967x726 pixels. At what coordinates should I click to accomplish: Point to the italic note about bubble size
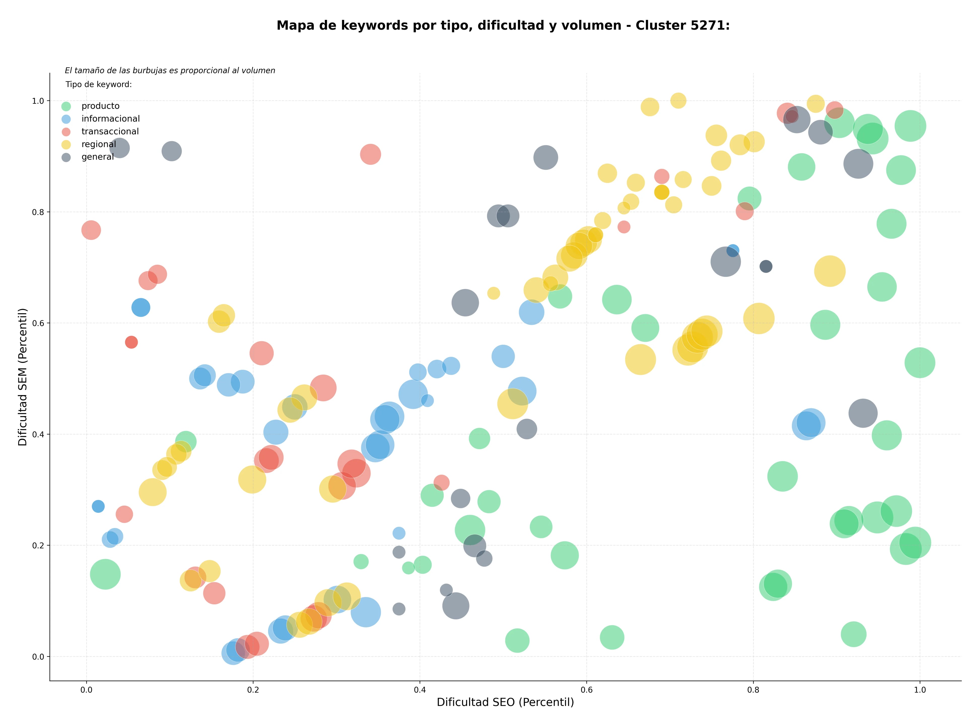tap(170, 70)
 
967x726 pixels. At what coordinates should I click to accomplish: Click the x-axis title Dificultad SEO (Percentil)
tap(505, 702)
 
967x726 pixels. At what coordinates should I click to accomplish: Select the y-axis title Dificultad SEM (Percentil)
tap(23, 377)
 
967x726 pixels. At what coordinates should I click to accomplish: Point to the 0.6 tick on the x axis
tap(587, 690)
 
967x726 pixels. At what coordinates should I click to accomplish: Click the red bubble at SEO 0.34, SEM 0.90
tap(370, 154)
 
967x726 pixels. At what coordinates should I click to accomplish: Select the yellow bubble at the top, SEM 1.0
tap(678, 100)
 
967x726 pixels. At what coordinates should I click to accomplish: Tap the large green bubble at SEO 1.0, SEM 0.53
tap(920, 362)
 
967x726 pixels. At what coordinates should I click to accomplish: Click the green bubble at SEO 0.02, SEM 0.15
tap(105, 574)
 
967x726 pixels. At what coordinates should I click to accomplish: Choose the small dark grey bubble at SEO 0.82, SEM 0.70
tap(766, 266)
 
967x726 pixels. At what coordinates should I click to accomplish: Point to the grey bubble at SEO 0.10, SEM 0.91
tap(171, 151)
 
